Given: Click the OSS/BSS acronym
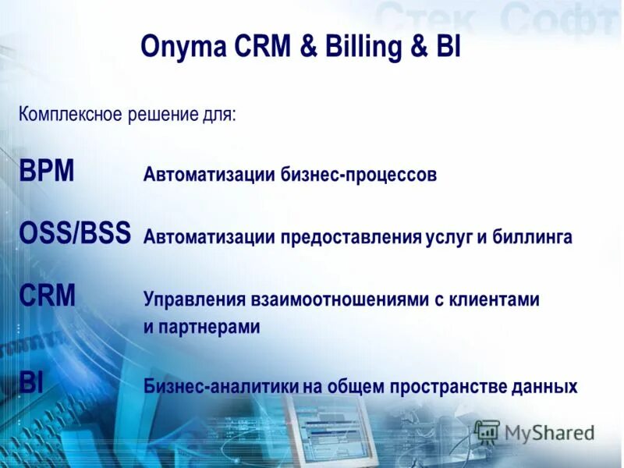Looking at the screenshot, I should point(75,234).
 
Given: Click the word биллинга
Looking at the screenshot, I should point(533,236).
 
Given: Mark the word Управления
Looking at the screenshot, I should point(193,299).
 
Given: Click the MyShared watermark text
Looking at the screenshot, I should point(548,432).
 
